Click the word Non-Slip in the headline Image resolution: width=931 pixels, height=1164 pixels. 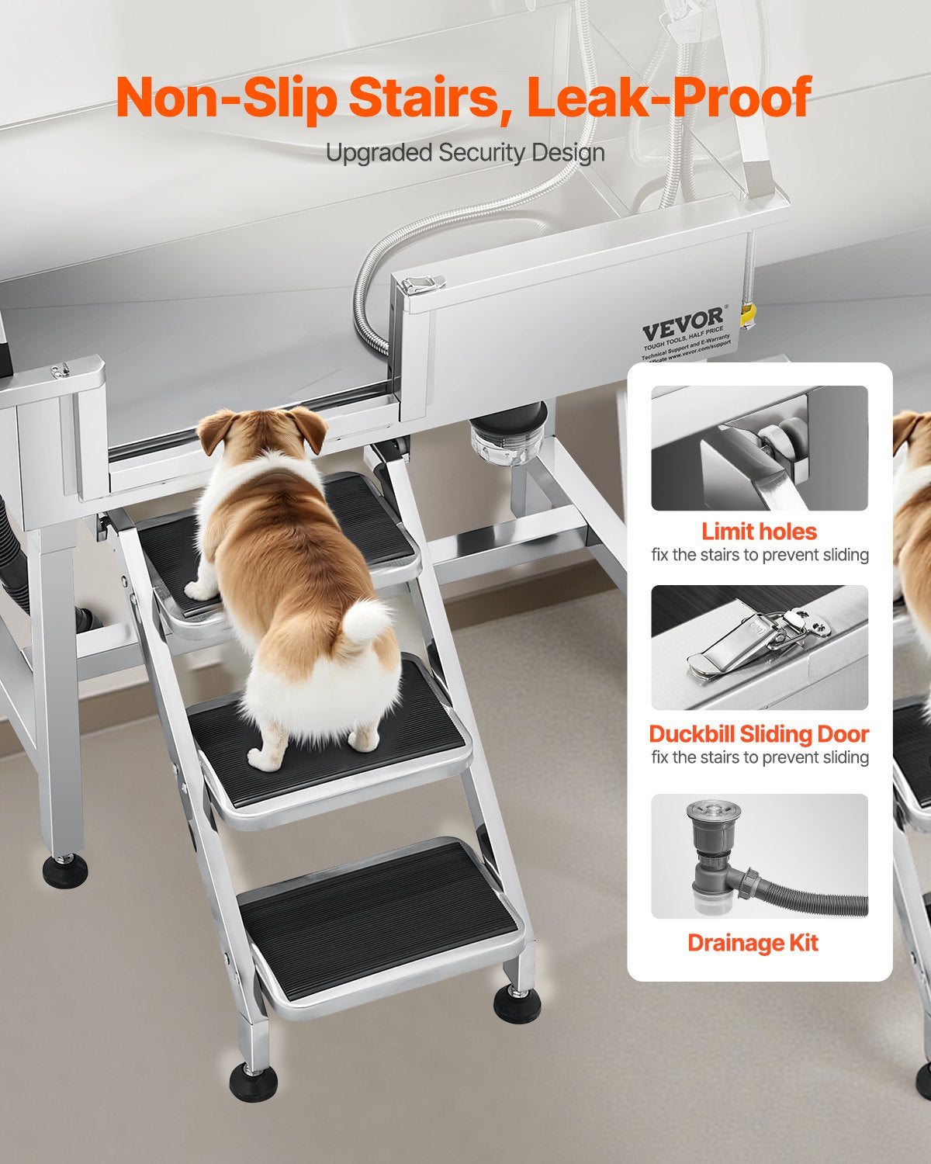pos(226,99)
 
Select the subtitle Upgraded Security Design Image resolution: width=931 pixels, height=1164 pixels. pos(465,153)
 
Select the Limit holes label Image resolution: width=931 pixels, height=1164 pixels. pos(759,532)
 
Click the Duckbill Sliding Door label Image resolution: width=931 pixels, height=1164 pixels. pos(759,734)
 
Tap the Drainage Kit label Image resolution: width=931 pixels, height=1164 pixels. pos(753,943)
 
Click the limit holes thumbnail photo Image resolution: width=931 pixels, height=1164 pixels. pos(759,448)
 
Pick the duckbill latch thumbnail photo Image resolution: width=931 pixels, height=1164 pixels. pos(759,647)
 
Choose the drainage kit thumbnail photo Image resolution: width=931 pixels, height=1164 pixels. pos(759,856)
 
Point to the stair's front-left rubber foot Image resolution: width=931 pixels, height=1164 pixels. pos(253,1081)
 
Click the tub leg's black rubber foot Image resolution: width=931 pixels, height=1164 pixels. pos(64,871)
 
